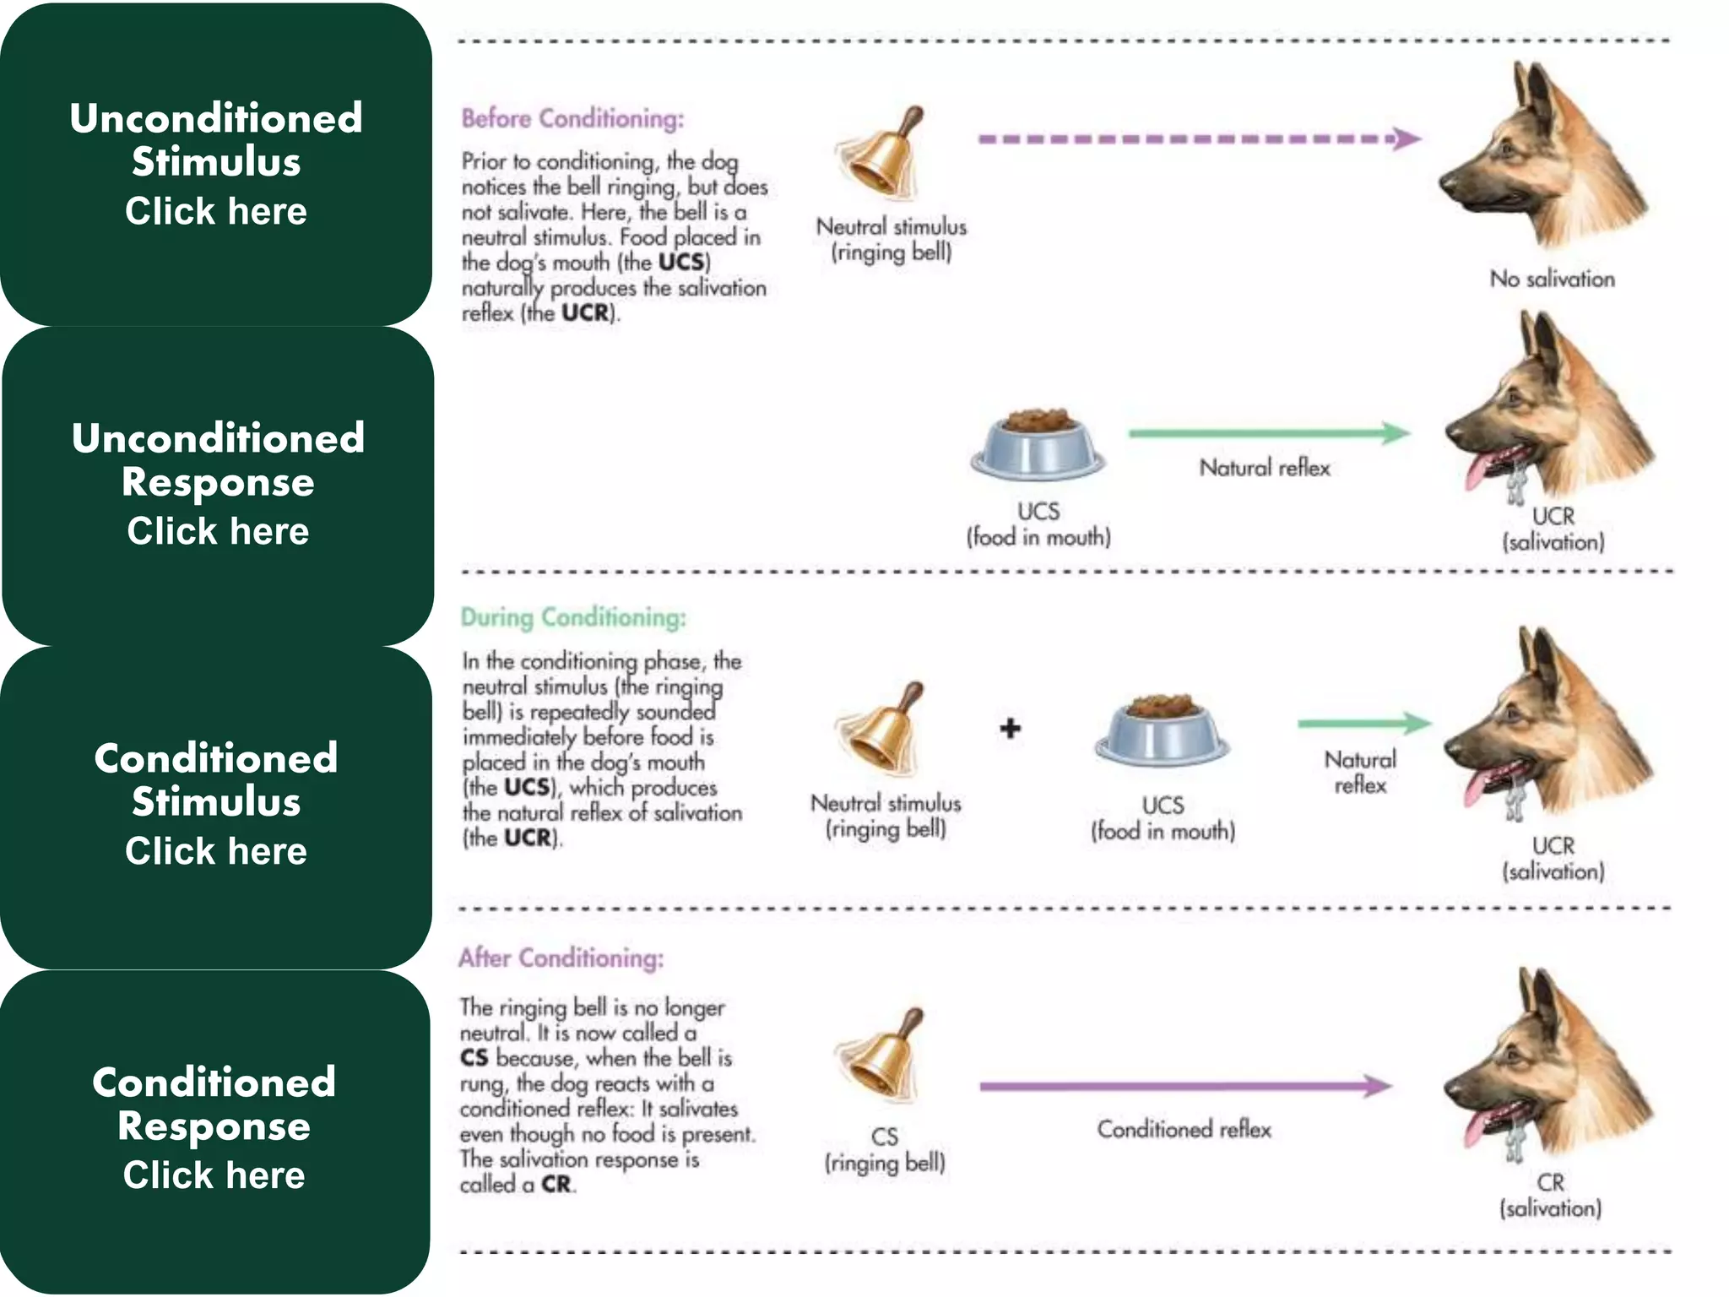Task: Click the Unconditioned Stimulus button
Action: pyautogui.click(x=216, y=164)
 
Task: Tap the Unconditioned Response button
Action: pyautogui.click(x=218, y=485)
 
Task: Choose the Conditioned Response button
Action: pyautogui.click(x=214, y=1129)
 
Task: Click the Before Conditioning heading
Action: pyautogui.click(x=572, y=119)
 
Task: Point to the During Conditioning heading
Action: pyautogui.click(x=573, y=618)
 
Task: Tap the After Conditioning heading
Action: pyautogui.click(x=561, y=958)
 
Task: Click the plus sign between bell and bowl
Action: pyautogui.click(x=1010, y=728)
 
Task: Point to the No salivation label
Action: pyautogui.click(x=1552, y=279)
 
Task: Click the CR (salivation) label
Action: pyautogui.click(x=1550, y=1195)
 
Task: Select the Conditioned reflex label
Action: pyautogui.click(x=1184, y=1130)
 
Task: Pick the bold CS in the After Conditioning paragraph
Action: pyautogui.click(x=474, y=1058)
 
